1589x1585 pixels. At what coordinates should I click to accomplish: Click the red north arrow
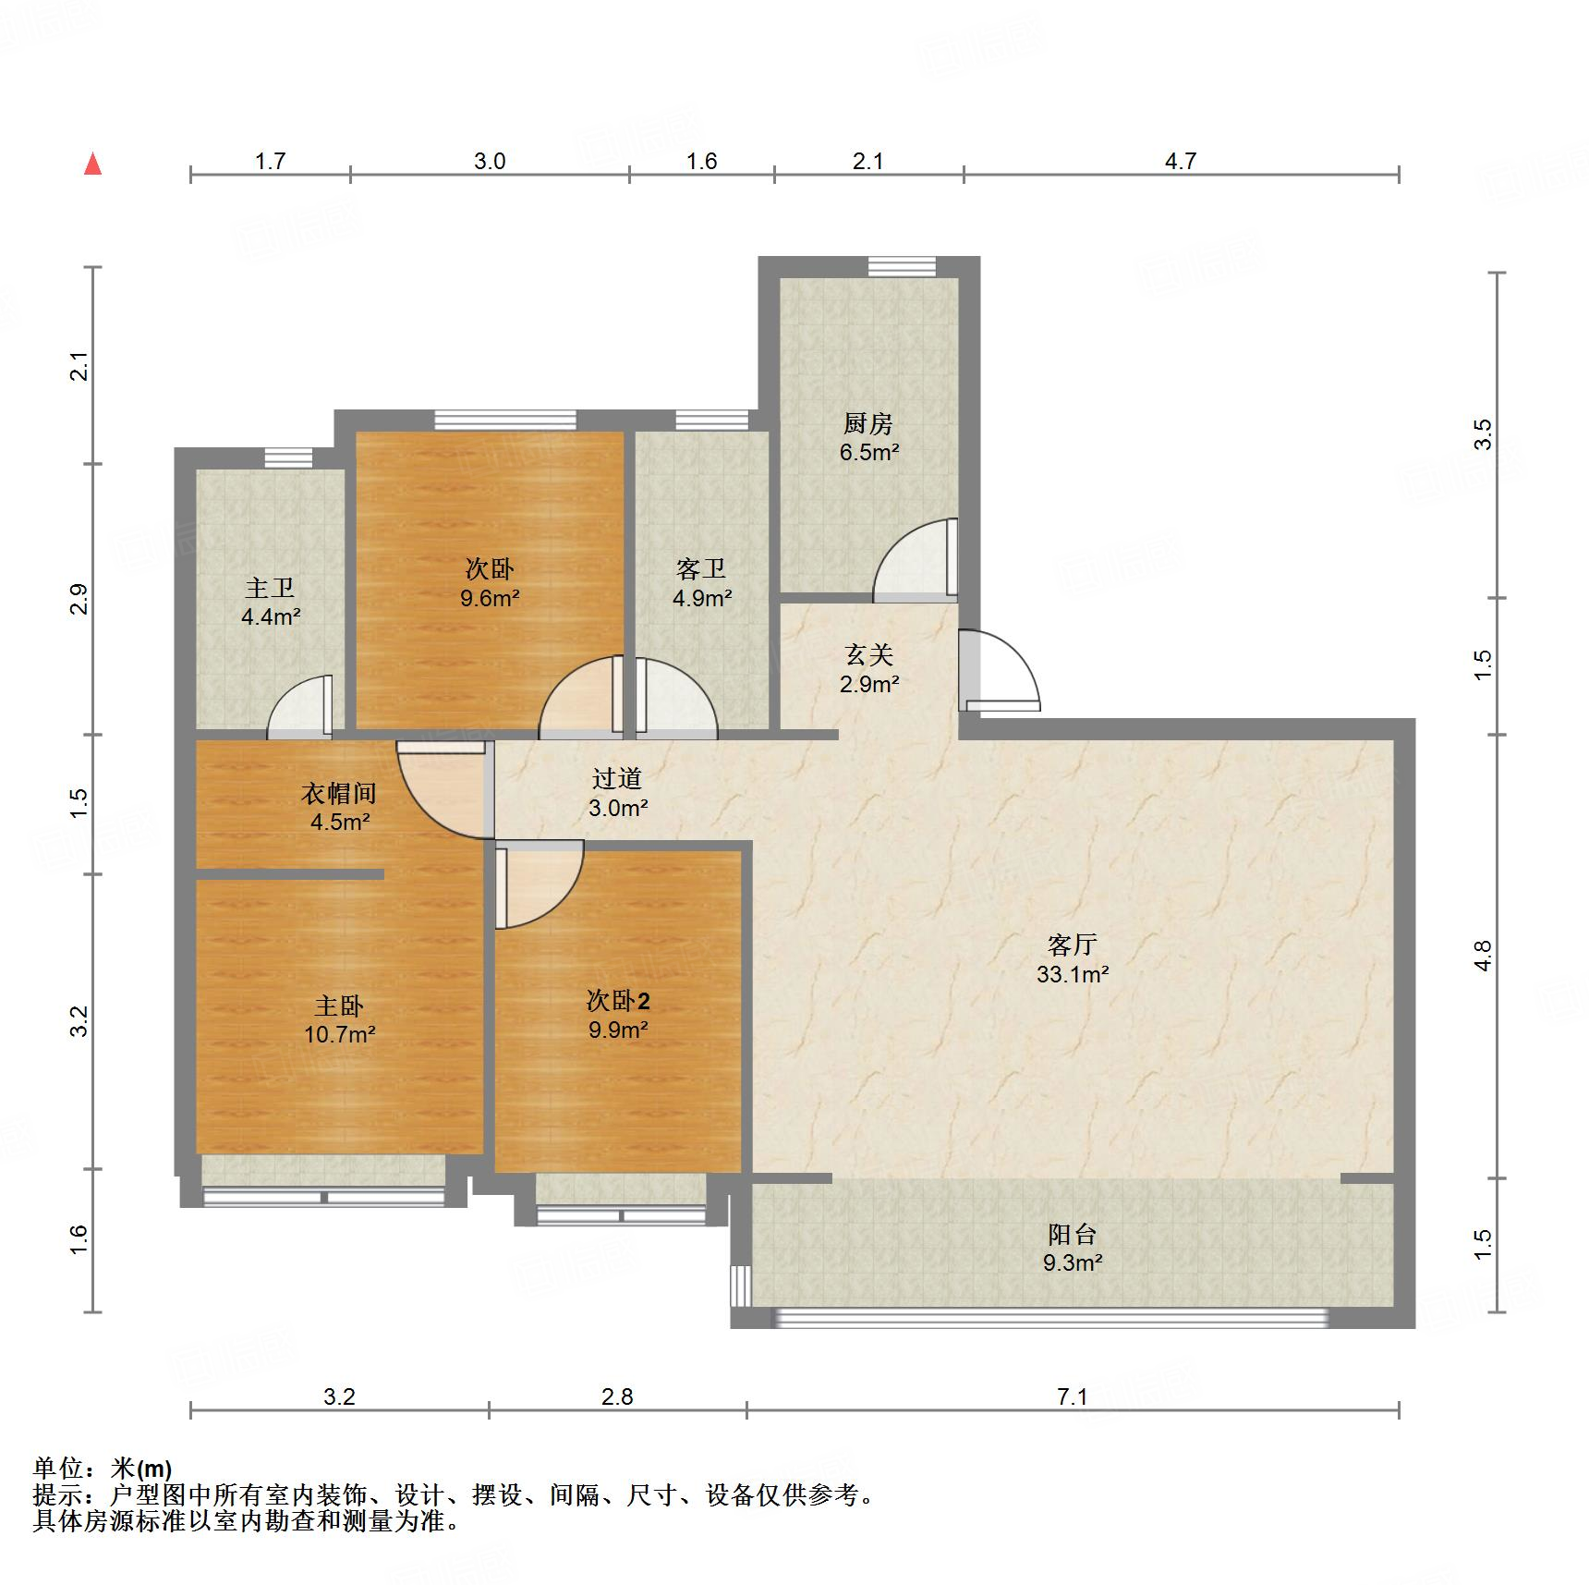92,165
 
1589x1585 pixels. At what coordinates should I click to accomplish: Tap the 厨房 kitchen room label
868,424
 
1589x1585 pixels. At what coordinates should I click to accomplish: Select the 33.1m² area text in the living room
1072,974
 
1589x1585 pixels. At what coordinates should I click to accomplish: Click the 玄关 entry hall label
869,655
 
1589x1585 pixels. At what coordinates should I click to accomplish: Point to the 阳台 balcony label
1072,1234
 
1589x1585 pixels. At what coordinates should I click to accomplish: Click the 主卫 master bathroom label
270,588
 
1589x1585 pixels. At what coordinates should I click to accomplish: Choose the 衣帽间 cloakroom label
339,793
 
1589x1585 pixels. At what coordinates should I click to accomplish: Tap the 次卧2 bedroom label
618,1000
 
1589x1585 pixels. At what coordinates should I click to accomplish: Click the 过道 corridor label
617,779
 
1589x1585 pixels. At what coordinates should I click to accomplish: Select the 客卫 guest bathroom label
701,568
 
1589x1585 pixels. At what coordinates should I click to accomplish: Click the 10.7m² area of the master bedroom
339,1034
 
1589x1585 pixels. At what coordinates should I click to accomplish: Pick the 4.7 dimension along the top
1180,162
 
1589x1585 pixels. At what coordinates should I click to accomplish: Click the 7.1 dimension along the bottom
1072,1396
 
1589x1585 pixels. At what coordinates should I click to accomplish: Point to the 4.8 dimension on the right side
1482,956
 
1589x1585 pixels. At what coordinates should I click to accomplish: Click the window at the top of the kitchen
902,266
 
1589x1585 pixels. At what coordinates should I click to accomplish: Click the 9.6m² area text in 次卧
490,598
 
